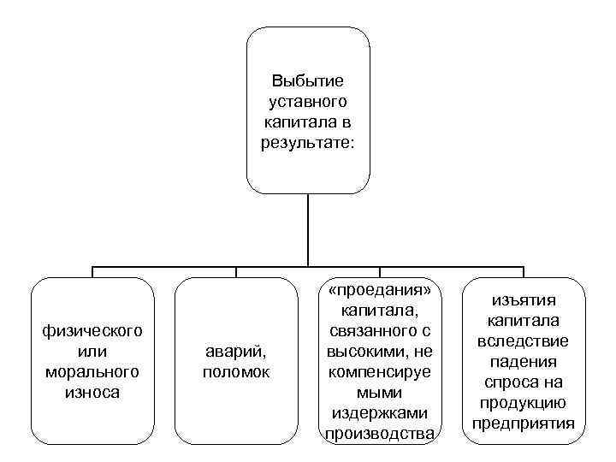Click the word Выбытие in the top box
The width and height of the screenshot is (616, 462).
[x=307, y=81]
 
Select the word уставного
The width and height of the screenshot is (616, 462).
[x=307, y=101]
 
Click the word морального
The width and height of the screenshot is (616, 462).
[x=92, y=372]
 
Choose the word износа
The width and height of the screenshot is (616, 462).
[x=92, y=392]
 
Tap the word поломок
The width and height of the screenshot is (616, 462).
[x=236, y=372]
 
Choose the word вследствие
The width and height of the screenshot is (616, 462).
[x=524, y=341]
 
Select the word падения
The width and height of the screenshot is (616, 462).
[x=524, y=362]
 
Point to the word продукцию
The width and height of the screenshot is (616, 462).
[x=524, y=403]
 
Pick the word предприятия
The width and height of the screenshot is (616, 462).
[x=524, y=423]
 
